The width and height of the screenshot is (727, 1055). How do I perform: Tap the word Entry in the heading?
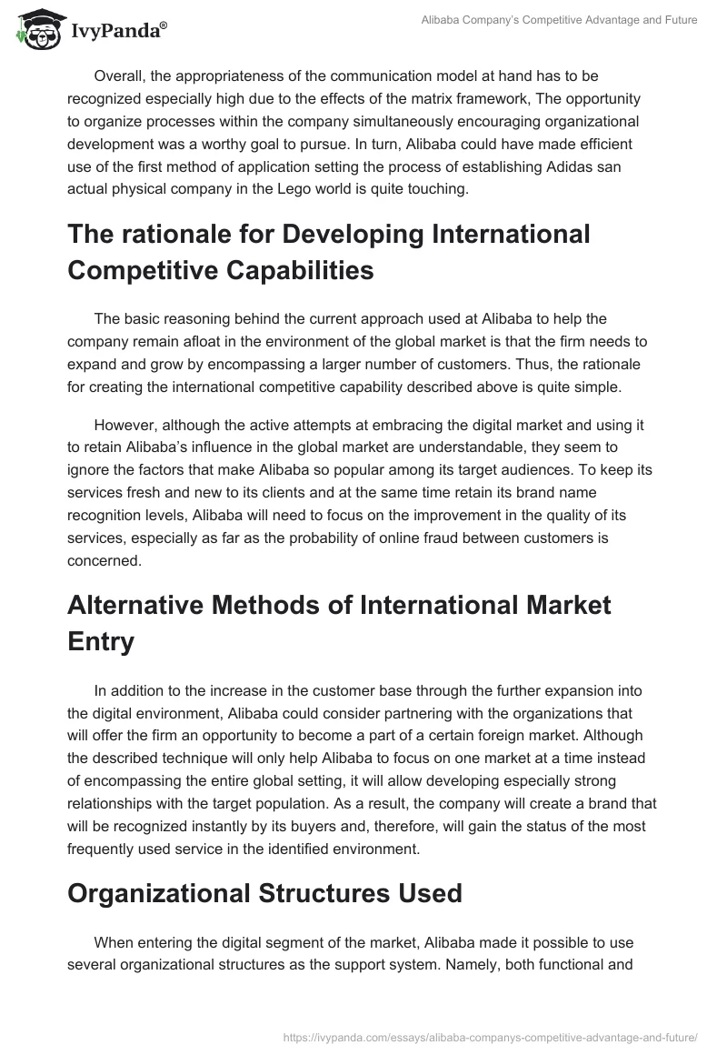click(101, 641)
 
